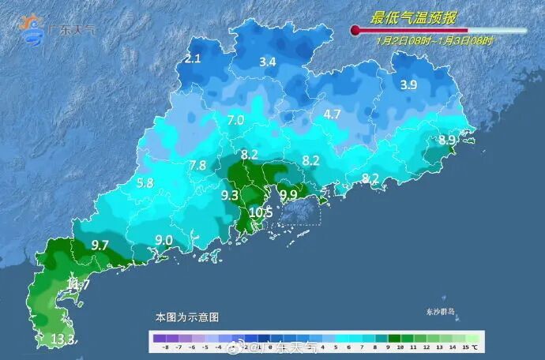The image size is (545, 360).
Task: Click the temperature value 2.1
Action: coord(194,58)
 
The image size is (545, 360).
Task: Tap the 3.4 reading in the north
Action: coord(268,61)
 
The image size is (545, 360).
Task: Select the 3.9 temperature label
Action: coord(408,85)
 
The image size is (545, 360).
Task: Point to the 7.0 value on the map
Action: coord(235,120)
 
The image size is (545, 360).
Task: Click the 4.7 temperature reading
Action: coord(332,114)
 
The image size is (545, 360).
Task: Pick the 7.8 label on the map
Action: coord(197,165)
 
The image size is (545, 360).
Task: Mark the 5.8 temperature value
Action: coord(145,183)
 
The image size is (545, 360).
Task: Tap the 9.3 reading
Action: coord(230,194)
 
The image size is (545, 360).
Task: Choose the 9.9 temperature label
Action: coord(288,194)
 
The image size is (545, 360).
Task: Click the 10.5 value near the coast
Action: coord(261,212)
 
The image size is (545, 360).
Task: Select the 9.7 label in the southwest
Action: coord(100,246)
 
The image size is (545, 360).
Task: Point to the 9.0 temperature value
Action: coord(163,240)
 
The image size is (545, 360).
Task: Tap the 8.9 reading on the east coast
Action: coord(447,140)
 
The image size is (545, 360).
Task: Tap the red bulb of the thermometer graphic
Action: coord(355,31)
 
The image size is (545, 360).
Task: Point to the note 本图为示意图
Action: coord(187,317)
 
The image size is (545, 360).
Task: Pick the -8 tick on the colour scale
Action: coord(165,346)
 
